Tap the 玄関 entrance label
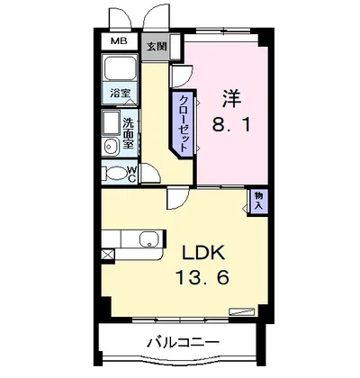click(x=157, y=45)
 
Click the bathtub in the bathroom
click(x=120, y=70)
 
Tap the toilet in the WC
click(x=116, y=174)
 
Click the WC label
click(x=131, y=174)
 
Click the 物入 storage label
click(x=259, y=200)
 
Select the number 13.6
click(x=204, y=277)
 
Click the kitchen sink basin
click(x=148, y=239)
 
